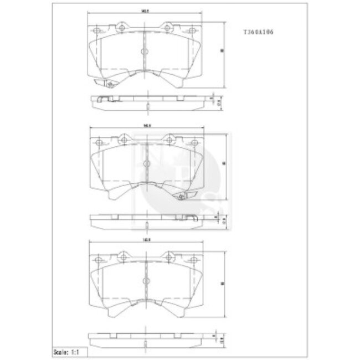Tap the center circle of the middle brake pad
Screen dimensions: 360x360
(x=146, y=164)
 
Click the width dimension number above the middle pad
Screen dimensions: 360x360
(x=147, y=126)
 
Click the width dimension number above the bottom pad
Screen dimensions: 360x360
(x=147, y=239)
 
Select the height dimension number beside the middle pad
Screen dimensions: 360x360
(x=224, y=164)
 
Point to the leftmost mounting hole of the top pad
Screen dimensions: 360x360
(x=97, y=30)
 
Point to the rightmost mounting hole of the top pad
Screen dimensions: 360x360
(x=192, y=30)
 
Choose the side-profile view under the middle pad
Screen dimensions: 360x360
(x=146, y=220)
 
